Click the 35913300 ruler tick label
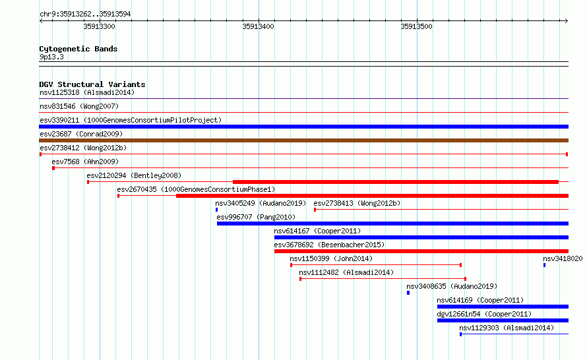click(x=99, y=26)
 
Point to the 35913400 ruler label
click(x=258, y=26)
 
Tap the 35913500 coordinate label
click(x=416, y=26)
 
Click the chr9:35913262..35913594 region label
click(x=85, y=15)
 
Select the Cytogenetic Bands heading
click(x=78, y=49)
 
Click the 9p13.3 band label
click(x=51, y=57)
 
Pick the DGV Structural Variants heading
click(x=92, y=84)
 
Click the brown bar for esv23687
click(x=303, y=140)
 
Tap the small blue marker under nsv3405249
click(x=217, y=210)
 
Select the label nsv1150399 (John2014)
click(x=331, y=258)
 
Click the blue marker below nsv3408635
click(x=408, y=293)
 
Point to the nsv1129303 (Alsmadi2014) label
click(x=507, y=328)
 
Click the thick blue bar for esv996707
click(x=392, y=224)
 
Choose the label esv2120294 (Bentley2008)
click(x=134, y=175)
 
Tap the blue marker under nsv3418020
click(x=544, y=265)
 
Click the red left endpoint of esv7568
click(x=53, y=168)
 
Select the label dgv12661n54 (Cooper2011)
click(x=484, y=314)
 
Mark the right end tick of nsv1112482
click(x=466, y=279)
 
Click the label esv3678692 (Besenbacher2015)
click(x=329, y=245)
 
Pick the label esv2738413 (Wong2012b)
click(x=357, y=203)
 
